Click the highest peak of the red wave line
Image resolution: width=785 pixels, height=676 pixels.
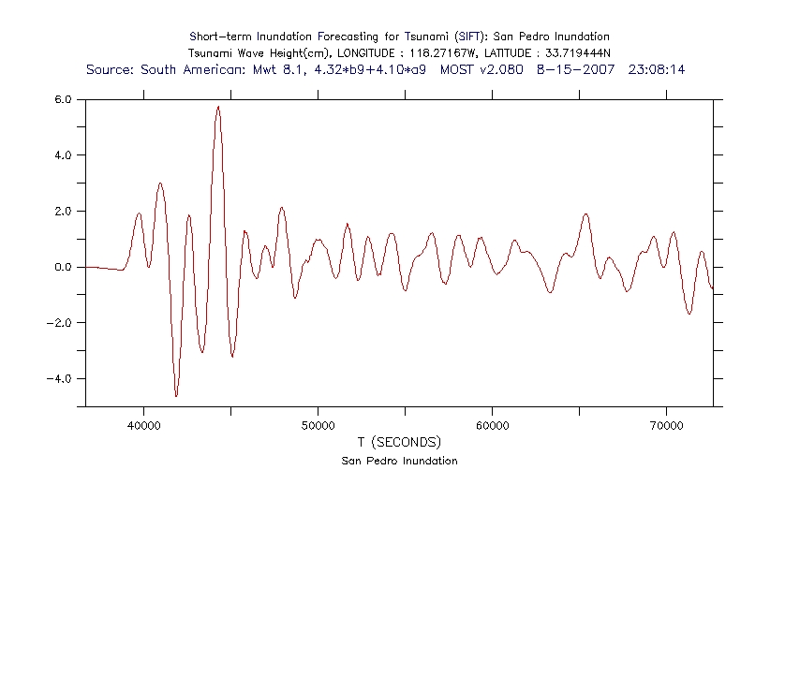[x=218, y=107]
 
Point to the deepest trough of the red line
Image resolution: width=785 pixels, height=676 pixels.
[x=176, y=395]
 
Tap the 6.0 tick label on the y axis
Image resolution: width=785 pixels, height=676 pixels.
[x=64, y=99]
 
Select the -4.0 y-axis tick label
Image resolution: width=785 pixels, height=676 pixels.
[x=62, y=379]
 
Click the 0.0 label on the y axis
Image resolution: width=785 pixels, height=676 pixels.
[x=64, y=268]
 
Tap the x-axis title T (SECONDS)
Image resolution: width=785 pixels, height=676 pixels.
[x=398, y=442]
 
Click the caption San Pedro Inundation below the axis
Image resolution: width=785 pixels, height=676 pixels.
[x=399, y=461]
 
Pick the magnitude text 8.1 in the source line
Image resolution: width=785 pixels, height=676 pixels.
[x=294, y=69]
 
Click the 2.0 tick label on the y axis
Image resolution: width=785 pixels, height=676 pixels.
[x=64, y=212]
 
